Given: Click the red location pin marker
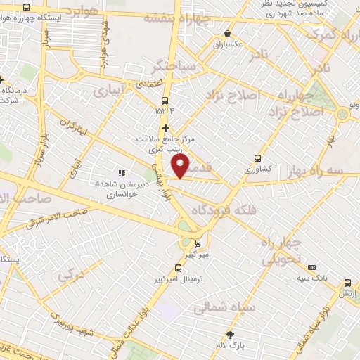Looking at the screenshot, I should click(x=181, y=166).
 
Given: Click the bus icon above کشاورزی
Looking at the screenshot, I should click(x=257, y=158).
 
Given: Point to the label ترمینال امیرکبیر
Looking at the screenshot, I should click(x=177, y=278).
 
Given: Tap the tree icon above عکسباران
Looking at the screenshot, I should click(x=227, y=32).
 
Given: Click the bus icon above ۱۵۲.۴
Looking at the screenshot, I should click(x=165, y=101).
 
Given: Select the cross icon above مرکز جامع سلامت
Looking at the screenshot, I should click(x=166, y=128).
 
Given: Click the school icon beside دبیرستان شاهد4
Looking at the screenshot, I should click(x=121, y=172).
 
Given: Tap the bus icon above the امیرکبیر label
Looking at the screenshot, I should click(x=198, y=243).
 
